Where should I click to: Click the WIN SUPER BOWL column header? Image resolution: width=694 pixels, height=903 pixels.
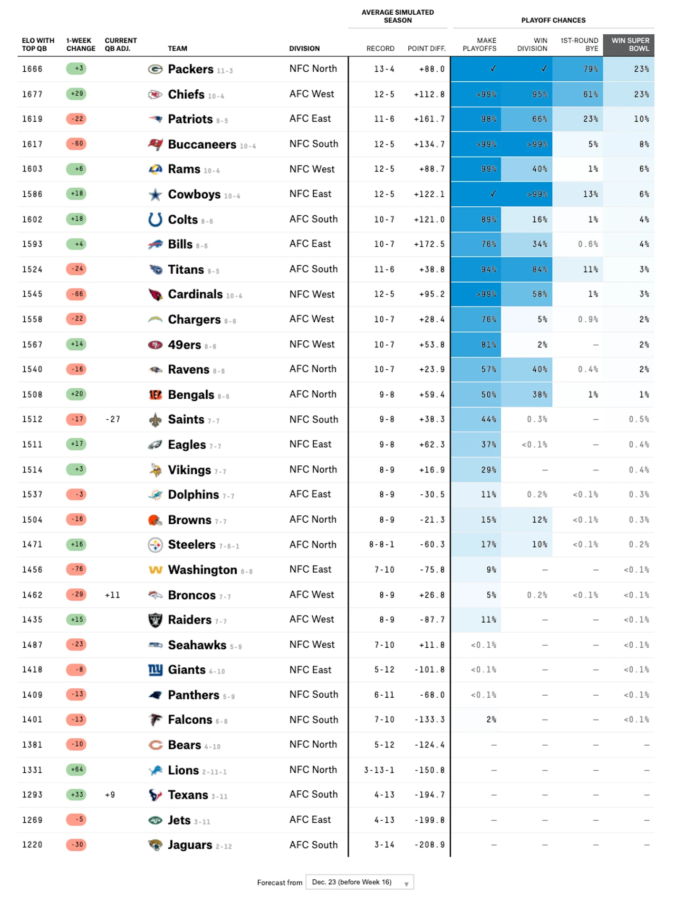(x=629, y=45)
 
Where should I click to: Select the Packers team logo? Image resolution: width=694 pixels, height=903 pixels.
(x=155, y=69)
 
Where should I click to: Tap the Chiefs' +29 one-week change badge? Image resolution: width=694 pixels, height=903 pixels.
(x=76, y=94)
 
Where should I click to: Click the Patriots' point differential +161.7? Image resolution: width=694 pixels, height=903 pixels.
(x=429, y=119)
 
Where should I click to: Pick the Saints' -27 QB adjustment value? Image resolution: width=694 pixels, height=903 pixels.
(x=113, y=419)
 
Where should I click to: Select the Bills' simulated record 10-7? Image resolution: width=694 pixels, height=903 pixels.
(x=384, y=244)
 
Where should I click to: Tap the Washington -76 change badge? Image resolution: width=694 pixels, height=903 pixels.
(x=76, y=569)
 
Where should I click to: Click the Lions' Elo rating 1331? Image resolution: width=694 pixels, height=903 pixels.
(x=32, y=770)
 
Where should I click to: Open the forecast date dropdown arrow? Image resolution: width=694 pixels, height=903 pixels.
(x=406, y=884)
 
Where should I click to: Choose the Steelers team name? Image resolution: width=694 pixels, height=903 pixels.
(x=192, y=545)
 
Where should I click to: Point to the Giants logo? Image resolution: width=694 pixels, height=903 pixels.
(x=155, y=670)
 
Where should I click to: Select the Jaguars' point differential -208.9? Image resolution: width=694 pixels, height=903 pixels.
(x=429, y=845)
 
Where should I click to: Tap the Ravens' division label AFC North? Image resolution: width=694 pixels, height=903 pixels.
(x=313, y=369)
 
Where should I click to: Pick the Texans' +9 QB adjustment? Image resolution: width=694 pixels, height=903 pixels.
(x=110, y=795)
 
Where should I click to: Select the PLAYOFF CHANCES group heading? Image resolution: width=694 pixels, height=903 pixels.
(x=553, y=20)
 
